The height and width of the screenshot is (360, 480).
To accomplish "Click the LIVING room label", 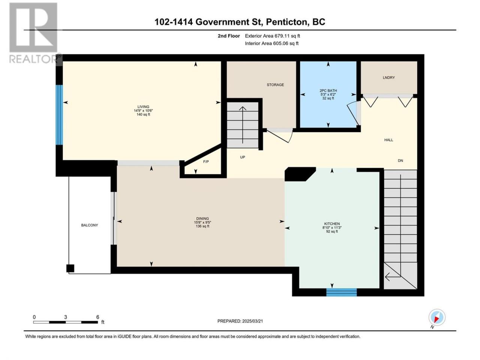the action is click(143, 106).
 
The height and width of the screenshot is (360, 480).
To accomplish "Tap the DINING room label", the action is click(202, 218).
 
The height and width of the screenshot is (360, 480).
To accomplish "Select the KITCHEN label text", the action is click(332, 224).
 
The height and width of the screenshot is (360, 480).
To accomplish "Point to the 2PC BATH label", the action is click(328, 90).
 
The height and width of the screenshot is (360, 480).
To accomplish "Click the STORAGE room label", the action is click(275, 85).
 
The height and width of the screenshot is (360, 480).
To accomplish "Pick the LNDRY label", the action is click(388, 78).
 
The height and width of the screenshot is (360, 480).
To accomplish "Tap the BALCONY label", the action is click(90, 225).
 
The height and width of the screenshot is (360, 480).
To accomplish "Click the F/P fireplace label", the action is click(206, 162).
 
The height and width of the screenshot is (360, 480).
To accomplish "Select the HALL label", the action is click(388, 140).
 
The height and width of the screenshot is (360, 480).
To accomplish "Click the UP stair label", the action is click(243, 157).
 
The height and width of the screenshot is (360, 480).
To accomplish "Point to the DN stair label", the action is click(400, 160).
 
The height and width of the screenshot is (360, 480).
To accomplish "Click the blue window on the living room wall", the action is click(59, 115).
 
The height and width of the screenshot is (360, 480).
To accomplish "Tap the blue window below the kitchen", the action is click(341, 292).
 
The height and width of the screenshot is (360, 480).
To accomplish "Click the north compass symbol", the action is click(437, 317).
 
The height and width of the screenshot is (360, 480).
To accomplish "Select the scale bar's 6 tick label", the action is click(97, 317).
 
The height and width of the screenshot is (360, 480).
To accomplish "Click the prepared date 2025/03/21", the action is click(252, 321).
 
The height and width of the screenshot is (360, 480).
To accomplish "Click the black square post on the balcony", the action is click(70, 268).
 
